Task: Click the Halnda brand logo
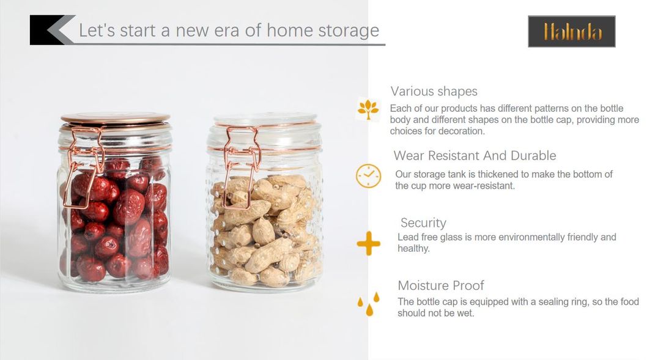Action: (571, 31)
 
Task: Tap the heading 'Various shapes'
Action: (434, 91)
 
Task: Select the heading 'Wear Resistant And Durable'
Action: (475, 155)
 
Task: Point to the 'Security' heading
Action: (423, 222)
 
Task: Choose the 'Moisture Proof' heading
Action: (440, 285)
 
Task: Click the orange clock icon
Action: (368, 176)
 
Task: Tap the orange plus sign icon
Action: (368, 244)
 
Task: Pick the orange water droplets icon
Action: (369, 303)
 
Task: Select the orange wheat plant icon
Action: (368, 109)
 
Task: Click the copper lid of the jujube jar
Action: (115, 119)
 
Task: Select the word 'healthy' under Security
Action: (413, 249)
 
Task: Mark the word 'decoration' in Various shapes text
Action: (459, 131)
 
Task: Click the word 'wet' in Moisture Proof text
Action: (465, 314)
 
